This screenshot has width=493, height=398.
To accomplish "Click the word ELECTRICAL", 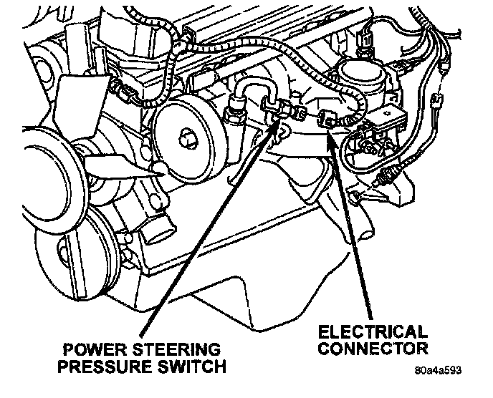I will click(x=373, y=333).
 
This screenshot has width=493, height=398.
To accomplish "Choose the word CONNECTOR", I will click(x=373, y=349).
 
